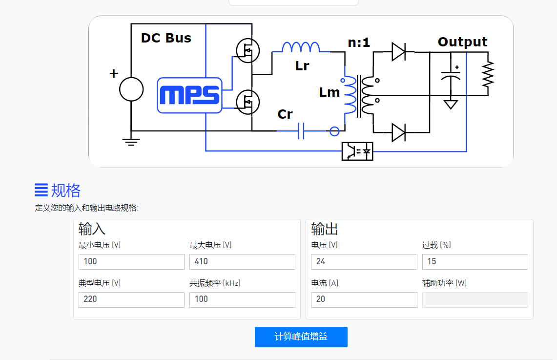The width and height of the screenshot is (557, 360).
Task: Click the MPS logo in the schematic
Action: click(190, 95)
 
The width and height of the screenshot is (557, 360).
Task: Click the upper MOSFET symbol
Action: click(248, 50)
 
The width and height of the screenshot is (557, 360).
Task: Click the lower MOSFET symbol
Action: click(248, 102)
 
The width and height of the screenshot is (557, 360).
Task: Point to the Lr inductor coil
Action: click(301, 47)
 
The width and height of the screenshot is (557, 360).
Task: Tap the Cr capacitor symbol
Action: click(301, 131)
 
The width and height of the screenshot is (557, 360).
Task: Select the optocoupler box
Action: click(357, 151)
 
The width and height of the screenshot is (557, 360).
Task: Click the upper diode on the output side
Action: click(398, 52)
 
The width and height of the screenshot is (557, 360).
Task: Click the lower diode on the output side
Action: click(398, 132)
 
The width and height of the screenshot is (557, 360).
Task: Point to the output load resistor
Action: click(488, 74)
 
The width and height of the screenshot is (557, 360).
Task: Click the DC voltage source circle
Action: click(131, 89)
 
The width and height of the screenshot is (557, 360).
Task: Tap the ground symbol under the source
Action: click(131, 142)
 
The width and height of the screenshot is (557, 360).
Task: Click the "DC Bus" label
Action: click(166, 38)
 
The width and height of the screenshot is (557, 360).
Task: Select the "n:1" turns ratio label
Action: click(359, 42)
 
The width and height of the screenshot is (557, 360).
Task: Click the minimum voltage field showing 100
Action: click(131, 261)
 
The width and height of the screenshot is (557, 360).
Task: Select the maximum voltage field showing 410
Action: click(242, 261)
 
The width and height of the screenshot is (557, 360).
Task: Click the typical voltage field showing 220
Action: click(131, 299)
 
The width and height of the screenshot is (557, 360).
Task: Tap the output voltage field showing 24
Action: click(364, 261)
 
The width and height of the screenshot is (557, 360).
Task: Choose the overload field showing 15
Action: click(475, 261)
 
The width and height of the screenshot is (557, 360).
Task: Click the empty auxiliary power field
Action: click(475, 299)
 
